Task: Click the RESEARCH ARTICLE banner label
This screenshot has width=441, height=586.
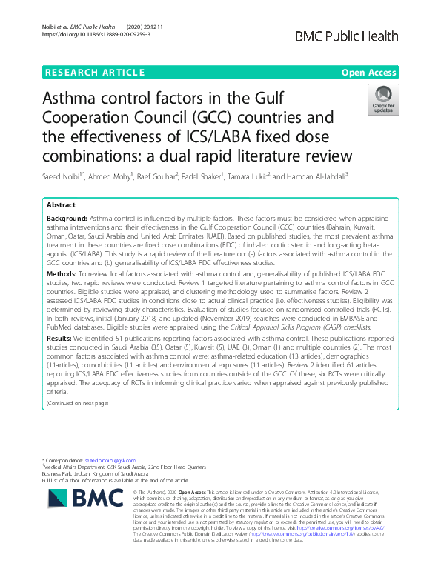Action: (95, 73)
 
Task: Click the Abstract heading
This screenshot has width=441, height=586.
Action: (62, 205)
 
